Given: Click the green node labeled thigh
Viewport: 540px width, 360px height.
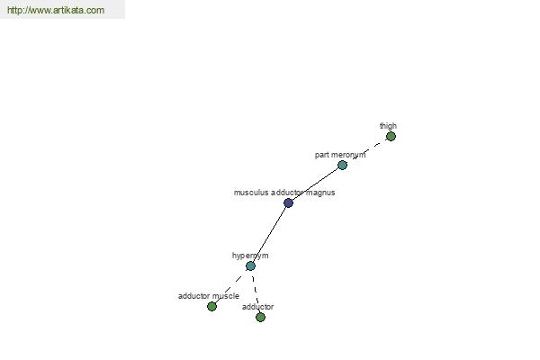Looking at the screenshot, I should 391,137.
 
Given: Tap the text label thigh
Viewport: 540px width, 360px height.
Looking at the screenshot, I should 388,126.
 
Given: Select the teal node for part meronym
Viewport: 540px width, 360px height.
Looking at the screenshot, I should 342,165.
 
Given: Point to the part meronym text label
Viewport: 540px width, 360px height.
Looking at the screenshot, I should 340,155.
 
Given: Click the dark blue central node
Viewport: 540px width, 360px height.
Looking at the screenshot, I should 288,202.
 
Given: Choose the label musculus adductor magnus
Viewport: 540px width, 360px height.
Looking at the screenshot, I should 283,193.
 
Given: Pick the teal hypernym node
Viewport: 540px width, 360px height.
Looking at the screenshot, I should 250,265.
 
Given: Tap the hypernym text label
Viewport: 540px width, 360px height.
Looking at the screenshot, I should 250,256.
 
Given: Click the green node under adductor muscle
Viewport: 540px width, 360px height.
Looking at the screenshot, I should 211,306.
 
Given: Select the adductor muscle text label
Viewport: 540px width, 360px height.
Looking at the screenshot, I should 208,296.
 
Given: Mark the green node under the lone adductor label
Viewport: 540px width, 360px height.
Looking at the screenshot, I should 260,317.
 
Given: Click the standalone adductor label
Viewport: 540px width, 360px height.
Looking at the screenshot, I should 258,307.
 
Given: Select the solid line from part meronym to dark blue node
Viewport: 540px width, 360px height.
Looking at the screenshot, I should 315,184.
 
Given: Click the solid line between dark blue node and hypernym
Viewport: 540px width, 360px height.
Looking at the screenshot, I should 269,234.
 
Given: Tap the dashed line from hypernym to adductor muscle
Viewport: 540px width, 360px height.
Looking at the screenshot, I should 231,285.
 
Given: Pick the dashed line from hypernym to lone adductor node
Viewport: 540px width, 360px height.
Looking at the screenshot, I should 255,291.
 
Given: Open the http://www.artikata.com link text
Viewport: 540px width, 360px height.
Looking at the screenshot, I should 56,11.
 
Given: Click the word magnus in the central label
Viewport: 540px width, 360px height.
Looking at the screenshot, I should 319,193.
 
